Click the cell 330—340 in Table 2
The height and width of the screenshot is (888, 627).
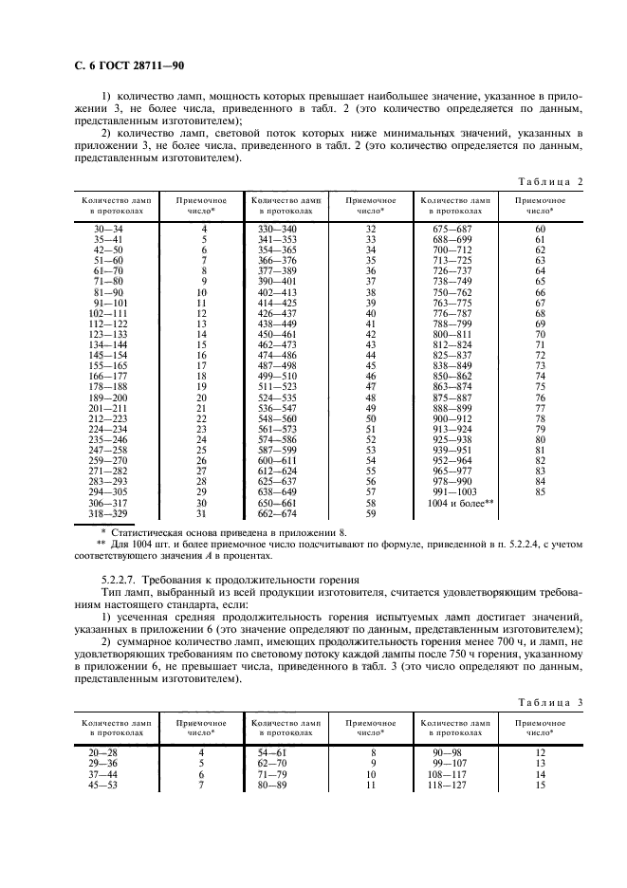point(277,230)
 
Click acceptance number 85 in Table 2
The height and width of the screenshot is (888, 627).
point(541,491)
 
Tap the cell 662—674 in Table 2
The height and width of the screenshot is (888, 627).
point(277,513)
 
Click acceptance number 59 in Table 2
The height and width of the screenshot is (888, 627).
point(371,513)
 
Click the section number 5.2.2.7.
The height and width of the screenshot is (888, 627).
point(121,578)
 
